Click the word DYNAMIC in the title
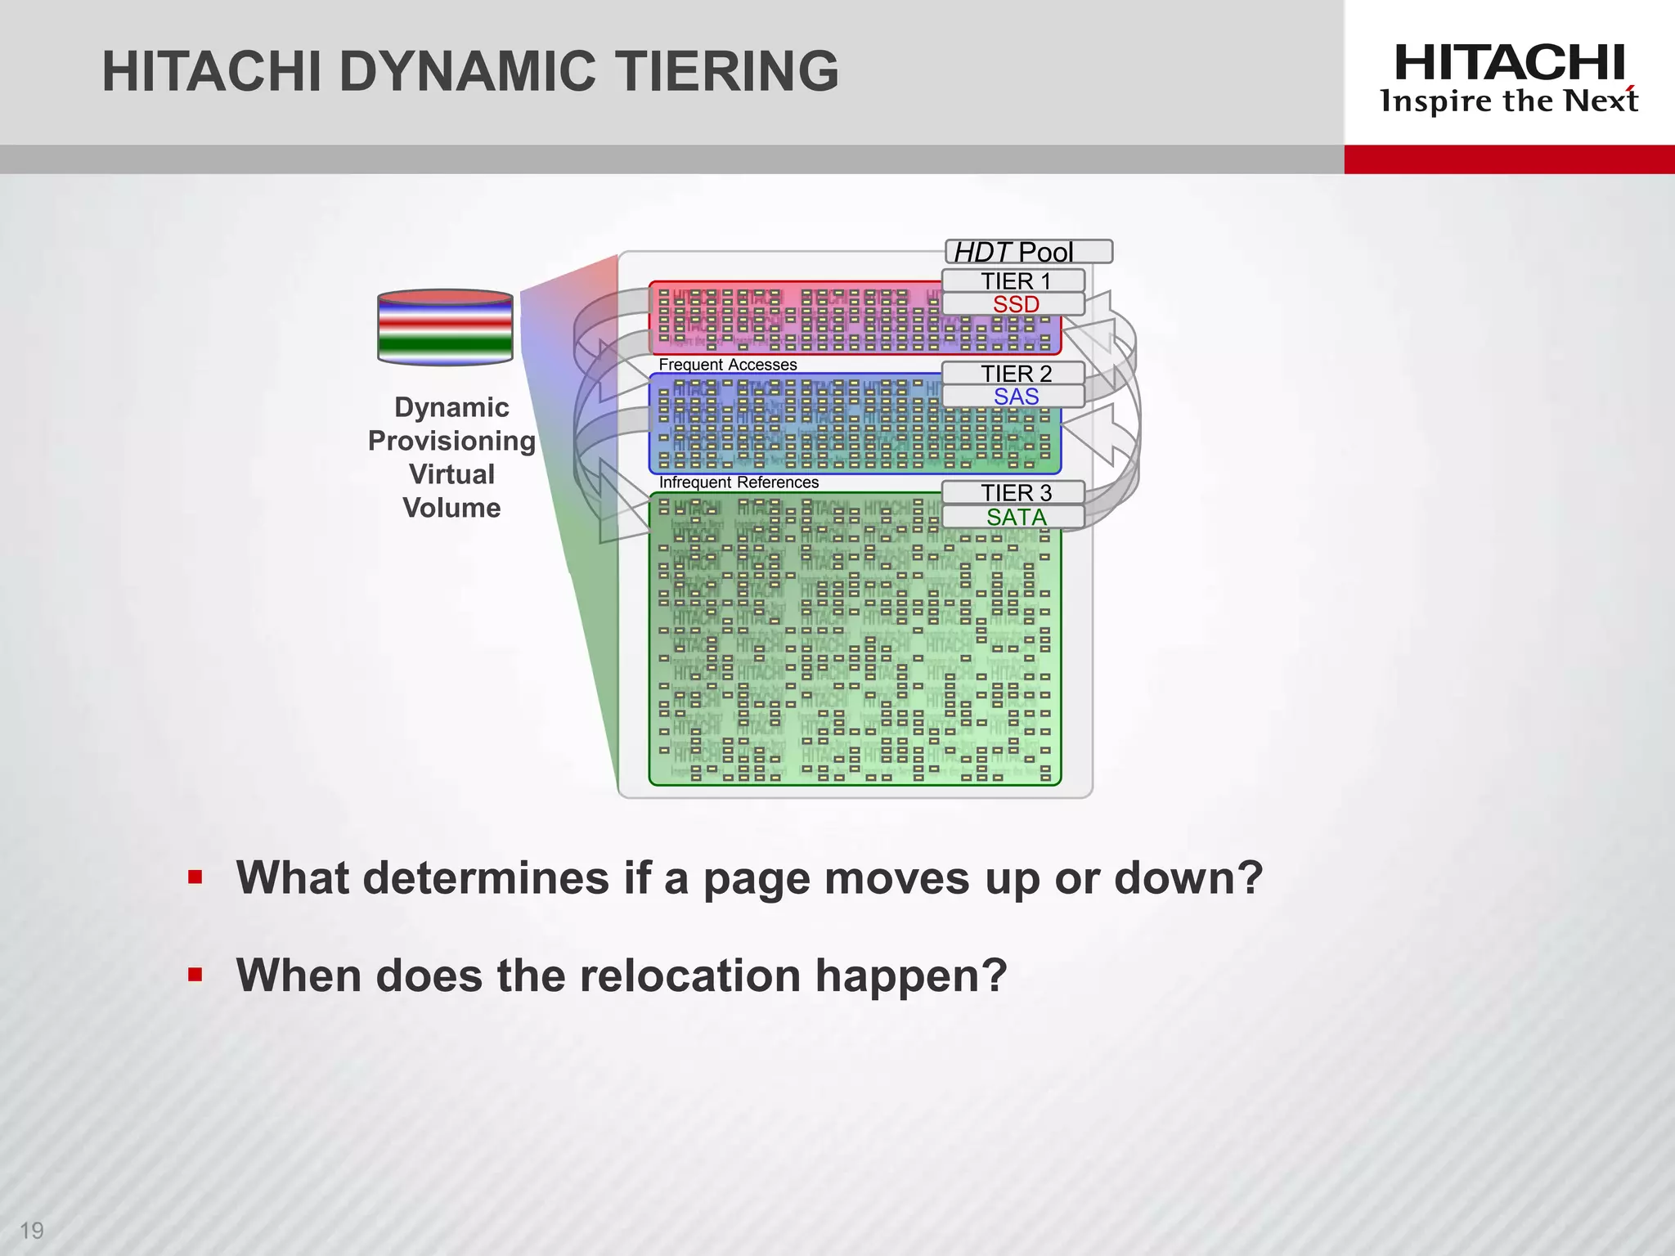tap(467, 71)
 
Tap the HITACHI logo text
tap(1509, 63)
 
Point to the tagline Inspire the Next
tap(1509, 101)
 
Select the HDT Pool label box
tap(1028, 251)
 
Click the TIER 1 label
tap(1014, 280)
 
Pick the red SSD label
tap(1015, 304)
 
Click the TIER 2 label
tap(1015, 373)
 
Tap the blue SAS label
tap(1015, 397)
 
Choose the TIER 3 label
tap(1015, 492)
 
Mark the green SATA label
tap(1015, 517)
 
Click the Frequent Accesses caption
tap(727, 365)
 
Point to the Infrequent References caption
tap(738, 482)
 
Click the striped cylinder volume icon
tap(445, 326)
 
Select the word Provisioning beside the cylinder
tap(451, 441)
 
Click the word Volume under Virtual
tap(451, 508)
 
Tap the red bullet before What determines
tap(195, 878)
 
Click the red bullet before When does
tap(195, 975)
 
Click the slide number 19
tap(31, 1230)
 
